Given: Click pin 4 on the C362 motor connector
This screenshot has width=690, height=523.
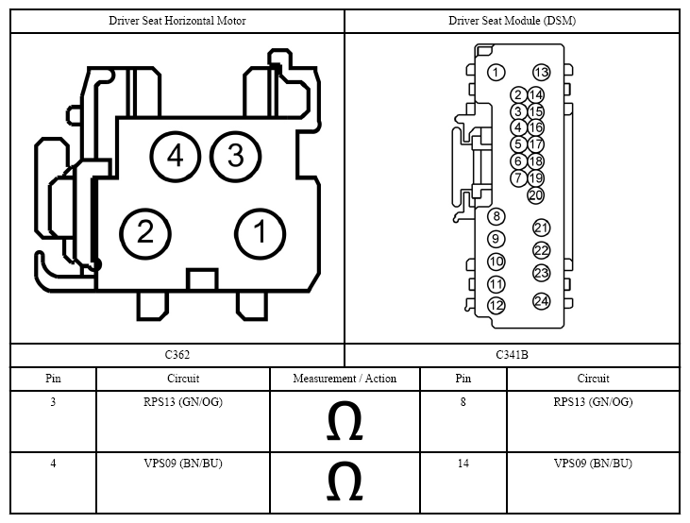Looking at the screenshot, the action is pos(176,157).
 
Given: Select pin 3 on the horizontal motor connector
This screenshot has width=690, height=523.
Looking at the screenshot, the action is pos(235,157).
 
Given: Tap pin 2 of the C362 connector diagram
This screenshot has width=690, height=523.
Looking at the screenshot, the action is pos(144,233).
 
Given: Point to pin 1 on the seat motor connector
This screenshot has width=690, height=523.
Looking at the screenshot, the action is pos(261,233).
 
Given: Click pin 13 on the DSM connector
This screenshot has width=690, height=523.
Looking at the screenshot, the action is pos(541,72).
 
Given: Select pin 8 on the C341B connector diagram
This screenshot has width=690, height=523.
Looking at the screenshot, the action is pos(496,216).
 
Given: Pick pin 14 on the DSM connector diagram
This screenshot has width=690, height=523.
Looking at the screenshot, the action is pos(535,95).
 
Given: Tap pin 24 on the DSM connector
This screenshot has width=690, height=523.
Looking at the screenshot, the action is pos(541,301).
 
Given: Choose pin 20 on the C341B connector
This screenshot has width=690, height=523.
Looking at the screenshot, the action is pos(535,195).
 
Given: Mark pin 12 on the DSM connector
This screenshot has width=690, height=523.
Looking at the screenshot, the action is pos(496,306).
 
